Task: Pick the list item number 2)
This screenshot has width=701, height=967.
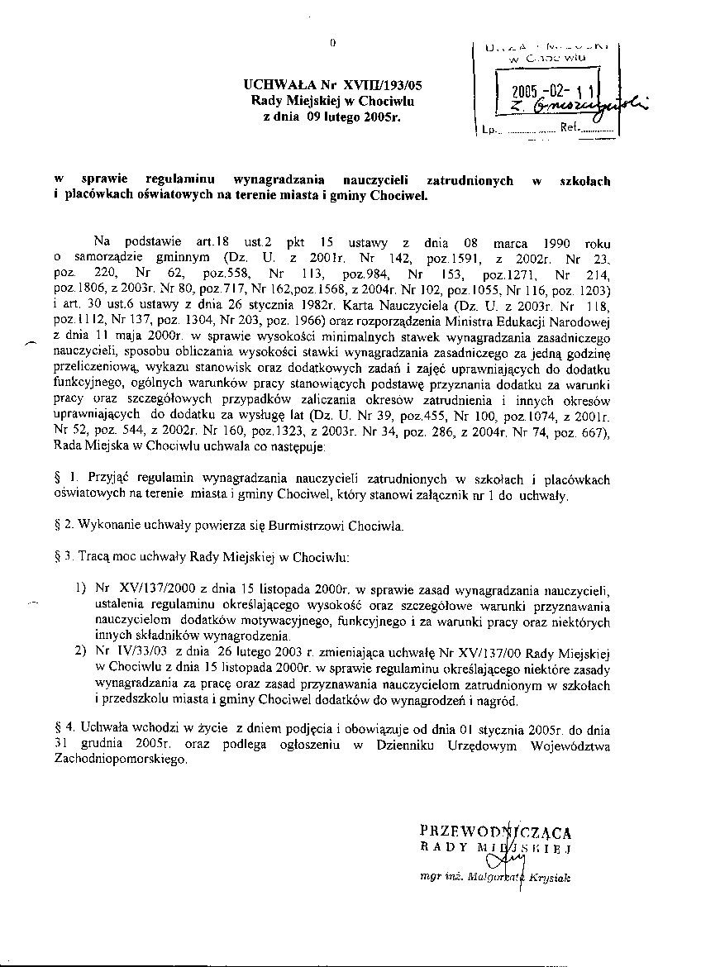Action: click(x=80, y=650)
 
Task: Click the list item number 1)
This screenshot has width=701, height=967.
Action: click(x=80, y=588)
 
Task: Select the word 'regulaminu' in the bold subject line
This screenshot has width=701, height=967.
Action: click(x=181, y=180)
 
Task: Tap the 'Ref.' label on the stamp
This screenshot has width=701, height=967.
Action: click(x=570, y=129)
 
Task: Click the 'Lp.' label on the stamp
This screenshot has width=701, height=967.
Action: click(x=488, y=130)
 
